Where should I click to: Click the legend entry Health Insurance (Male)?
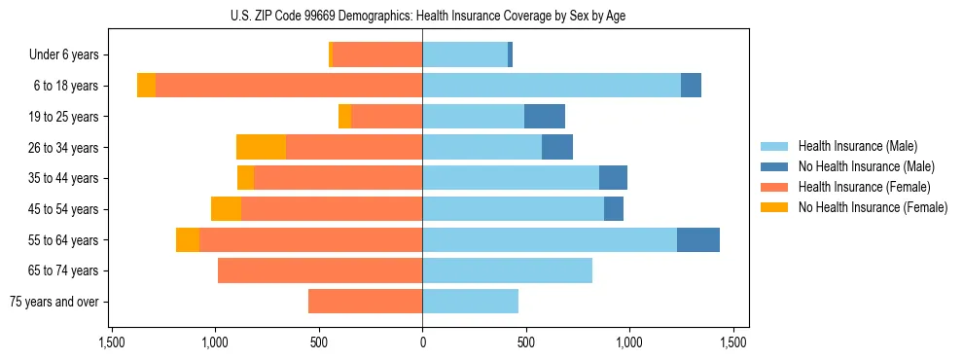coord(857,146)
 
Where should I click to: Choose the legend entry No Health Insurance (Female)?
coord(873,207)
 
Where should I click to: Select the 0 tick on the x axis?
coord(422,342)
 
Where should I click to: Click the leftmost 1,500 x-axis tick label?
coord(112,342)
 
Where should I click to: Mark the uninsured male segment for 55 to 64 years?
coord(697,239)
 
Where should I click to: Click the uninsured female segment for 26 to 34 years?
coord(261,147)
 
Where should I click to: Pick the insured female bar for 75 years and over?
coord(365,302)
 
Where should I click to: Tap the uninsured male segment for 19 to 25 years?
coord(544,117)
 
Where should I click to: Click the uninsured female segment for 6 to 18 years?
coord(146,86)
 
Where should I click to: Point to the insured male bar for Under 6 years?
coord(464,54)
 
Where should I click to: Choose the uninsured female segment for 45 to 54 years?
coord(226,209)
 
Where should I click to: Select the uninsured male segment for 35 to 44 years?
coord(613,178)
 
